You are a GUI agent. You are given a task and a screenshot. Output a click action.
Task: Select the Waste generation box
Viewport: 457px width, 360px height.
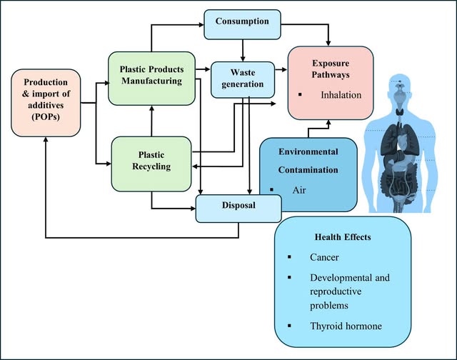point(243,79)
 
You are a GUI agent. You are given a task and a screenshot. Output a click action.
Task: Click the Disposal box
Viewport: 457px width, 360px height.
point(238,207)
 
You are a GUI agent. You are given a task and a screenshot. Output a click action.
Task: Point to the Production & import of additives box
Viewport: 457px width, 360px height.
point(44,103)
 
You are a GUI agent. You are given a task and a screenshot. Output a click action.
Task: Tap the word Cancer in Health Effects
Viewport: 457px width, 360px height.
point(326,257)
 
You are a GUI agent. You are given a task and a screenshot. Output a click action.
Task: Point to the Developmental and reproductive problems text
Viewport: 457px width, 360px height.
point(351,290)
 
